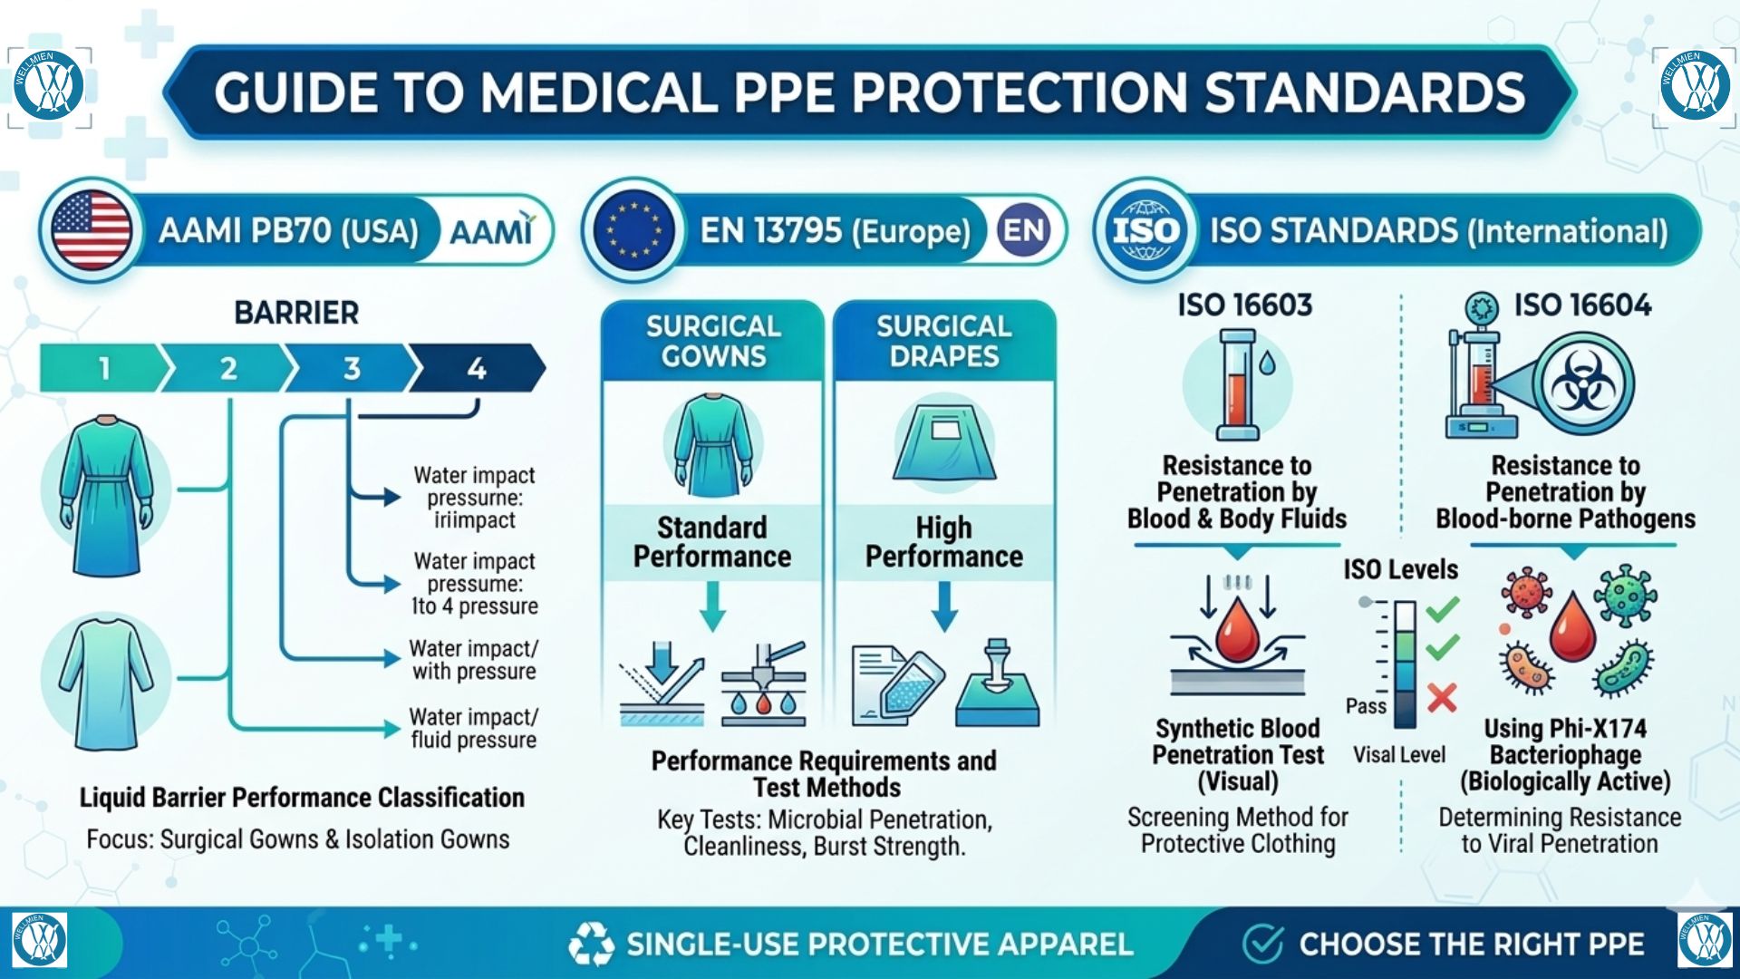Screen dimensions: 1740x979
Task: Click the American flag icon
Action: tap(91, 230)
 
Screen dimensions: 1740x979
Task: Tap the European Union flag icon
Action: tap(633, 230)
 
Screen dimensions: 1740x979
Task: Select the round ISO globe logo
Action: tap(1145, 230)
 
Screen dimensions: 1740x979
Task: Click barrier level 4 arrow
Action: tap(478, 368)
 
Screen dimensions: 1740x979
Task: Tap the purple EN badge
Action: tap(1024, 230)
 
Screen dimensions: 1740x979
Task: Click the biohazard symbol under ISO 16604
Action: tap(1582, 384)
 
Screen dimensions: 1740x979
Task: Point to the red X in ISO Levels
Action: tap(1442, 697)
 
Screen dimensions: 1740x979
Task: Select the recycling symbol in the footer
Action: tap(591, 945)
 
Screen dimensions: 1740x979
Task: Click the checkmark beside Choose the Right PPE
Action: tap(1262, 944)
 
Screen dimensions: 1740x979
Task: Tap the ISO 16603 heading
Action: tap(1244, 305)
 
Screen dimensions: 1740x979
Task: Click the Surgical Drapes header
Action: tap(944, 341)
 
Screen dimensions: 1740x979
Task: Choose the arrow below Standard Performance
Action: tap(712, 606)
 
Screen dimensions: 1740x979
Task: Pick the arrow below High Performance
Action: tap(944, 606)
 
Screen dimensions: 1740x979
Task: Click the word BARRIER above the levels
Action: tap(296, 313)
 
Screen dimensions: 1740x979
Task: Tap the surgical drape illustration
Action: tap(944, 444)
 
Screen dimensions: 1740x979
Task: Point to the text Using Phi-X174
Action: tap(1565, 728)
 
